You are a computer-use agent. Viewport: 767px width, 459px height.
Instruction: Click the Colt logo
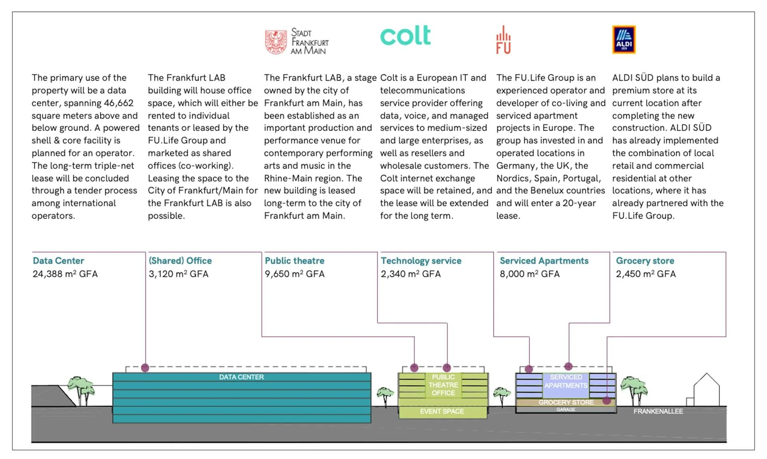(x=405, y=36)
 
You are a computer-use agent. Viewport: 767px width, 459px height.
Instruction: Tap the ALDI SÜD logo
(x=624, y=40)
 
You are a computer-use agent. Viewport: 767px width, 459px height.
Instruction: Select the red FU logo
(x=503, y=40)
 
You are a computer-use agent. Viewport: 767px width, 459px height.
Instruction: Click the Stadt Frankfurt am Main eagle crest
(x=276, y=42)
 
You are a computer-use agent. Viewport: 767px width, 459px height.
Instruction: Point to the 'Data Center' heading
(x=58, y=261)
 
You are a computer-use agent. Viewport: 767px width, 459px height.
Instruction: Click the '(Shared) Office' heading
(x=180, y=261)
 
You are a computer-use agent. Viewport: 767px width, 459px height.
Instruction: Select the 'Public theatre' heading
(x=294, y=261)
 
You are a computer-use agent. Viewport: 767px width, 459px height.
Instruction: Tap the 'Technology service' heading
(x=421, y=261)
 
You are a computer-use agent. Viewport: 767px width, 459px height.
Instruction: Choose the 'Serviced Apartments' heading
(x=544, y=261)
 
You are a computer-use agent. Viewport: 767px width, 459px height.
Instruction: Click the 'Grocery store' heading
(x=645, y=261)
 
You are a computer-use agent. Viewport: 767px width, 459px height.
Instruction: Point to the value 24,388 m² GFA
(x=65, y=274)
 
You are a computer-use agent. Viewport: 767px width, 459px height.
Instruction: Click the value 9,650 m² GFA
(x=294, y=274)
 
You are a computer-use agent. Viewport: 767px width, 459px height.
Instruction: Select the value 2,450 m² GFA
(x=646, y=274)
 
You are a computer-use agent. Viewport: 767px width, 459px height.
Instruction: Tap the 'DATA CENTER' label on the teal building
(x=241, y=377)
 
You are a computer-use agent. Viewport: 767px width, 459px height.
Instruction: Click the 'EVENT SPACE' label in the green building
(x=442, y=412)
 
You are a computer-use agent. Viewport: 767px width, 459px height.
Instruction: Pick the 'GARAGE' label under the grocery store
(x=566, y=410)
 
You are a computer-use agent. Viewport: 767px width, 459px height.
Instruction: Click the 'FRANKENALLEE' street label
(x=658, y=412)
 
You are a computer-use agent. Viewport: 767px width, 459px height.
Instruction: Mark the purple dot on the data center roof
(x=145, y=368)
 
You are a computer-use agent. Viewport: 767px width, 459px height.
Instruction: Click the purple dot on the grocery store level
(x=606, y=400)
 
